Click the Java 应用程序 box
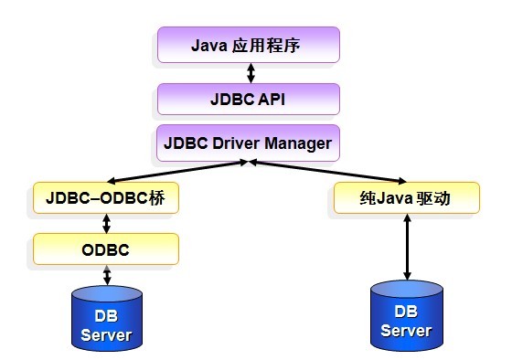coord(248,44)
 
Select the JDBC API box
coord(248,99)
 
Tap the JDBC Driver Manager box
coord(248,143)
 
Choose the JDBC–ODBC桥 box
coord(105,197)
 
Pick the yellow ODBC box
coord(105,249)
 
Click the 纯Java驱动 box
coord(406,197)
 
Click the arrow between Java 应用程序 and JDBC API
coord(248,72)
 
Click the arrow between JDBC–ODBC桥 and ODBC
coord(108,223)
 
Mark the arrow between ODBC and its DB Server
coord(108,274)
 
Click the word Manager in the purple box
coord(298,143)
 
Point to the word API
coord(272,99)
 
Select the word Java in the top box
coord(209,44)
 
